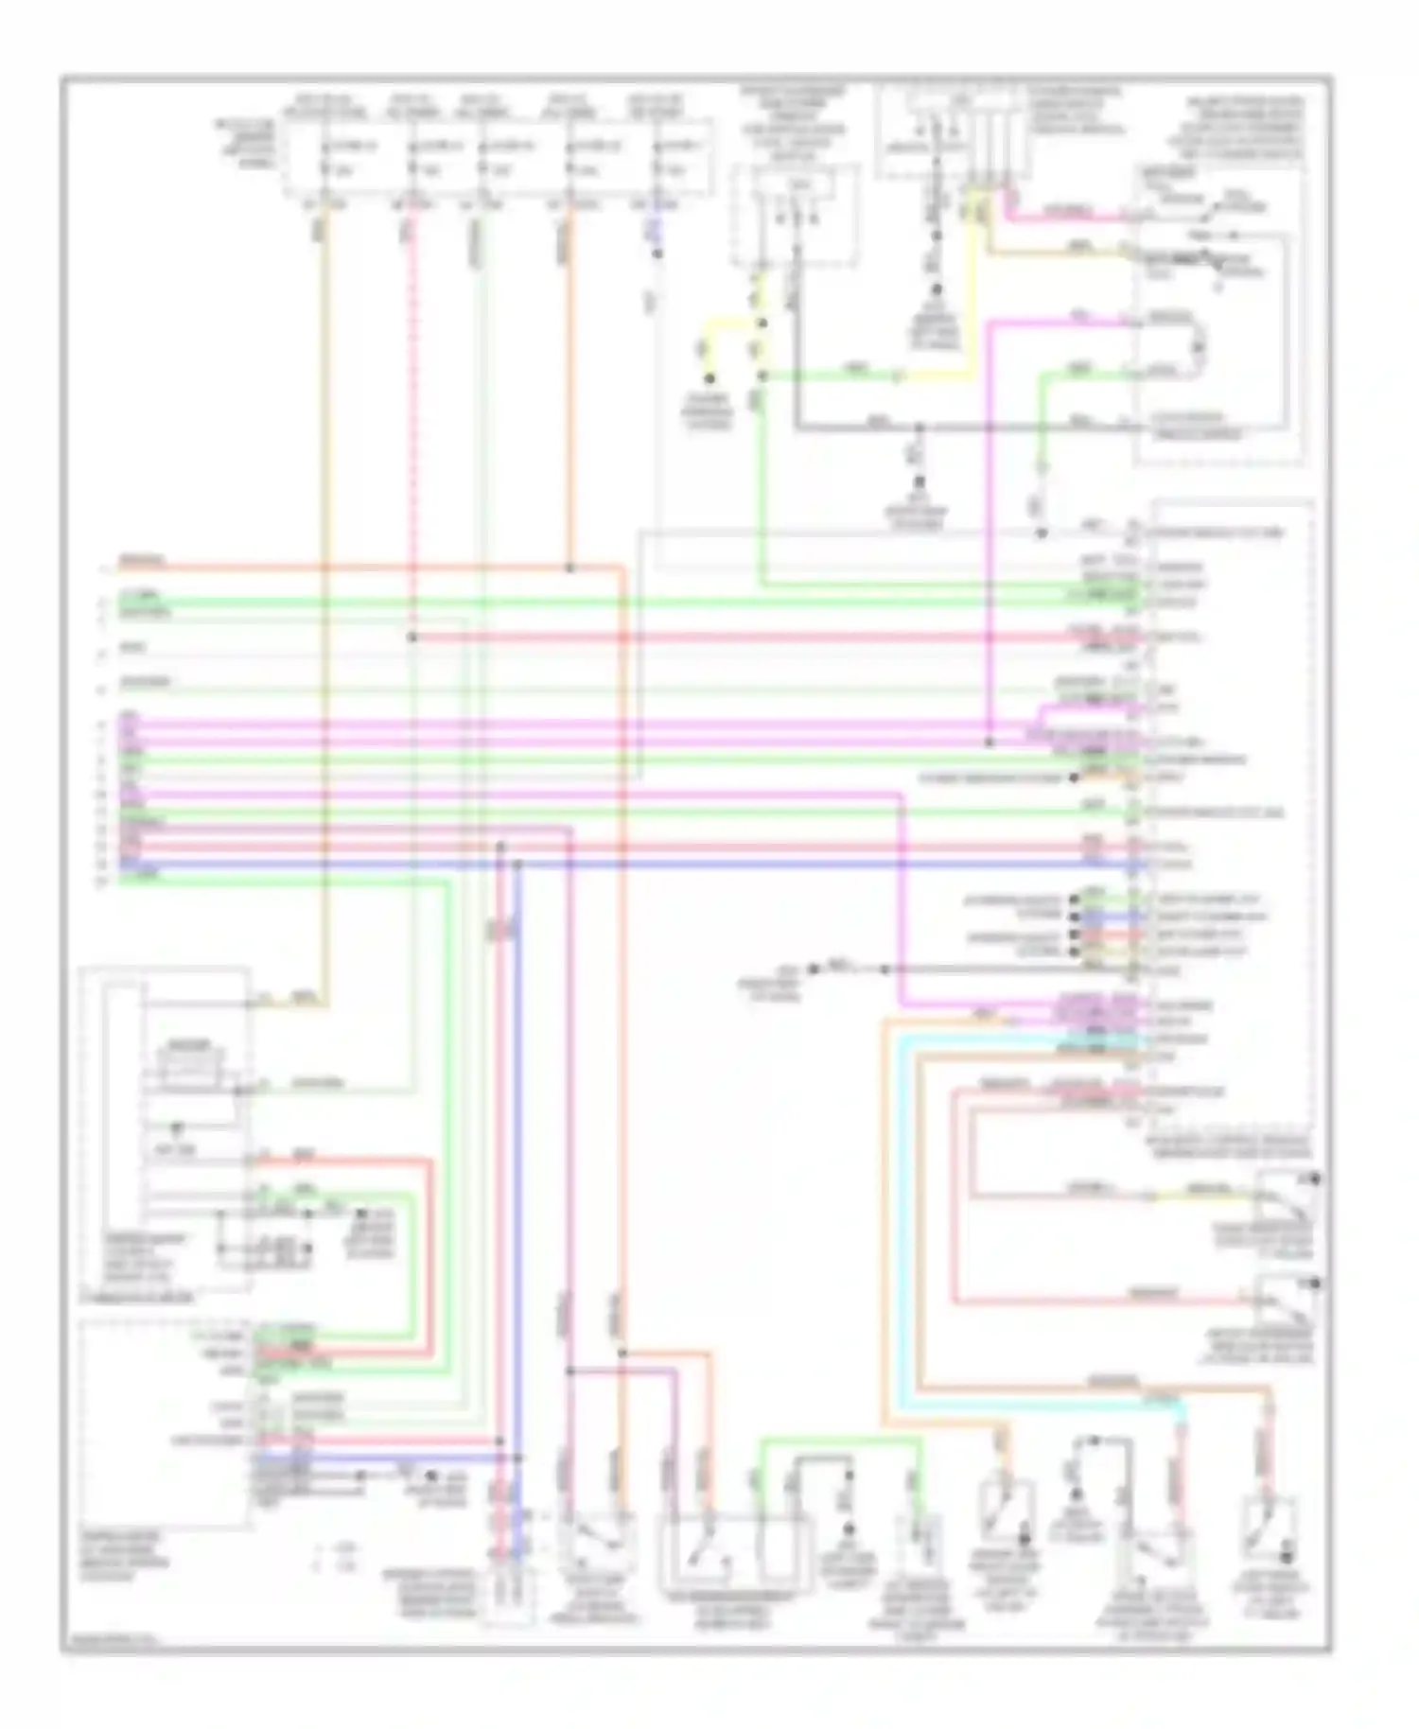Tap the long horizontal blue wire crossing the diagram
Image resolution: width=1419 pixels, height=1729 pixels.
(x=757, y=864)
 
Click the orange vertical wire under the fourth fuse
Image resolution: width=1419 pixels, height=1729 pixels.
(x=569, y=397)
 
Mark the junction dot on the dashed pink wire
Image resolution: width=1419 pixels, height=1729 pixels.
(x=412, y=637)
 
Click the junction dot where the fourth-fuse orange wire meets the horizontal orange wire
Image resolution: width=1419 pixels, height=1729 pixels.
(x=569, y=568)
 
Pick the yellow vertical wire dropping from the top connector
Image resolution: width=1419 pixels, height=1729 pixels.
(x=971, y=284)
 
